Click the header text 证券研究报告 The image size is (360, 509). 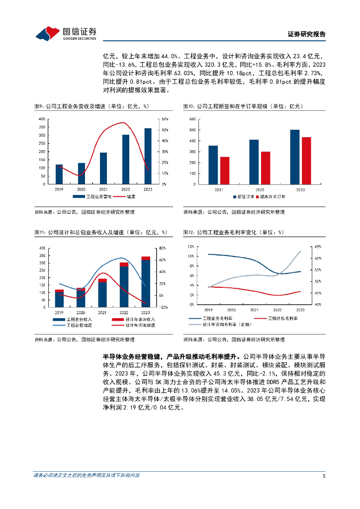coord(307,34)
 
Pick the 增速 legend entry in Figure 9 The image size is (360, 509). coord(127,197)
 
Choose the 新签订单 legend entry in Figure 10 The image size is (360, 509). coord(244,197)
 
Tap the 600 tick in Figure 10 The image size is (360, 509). coord(192,119)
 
